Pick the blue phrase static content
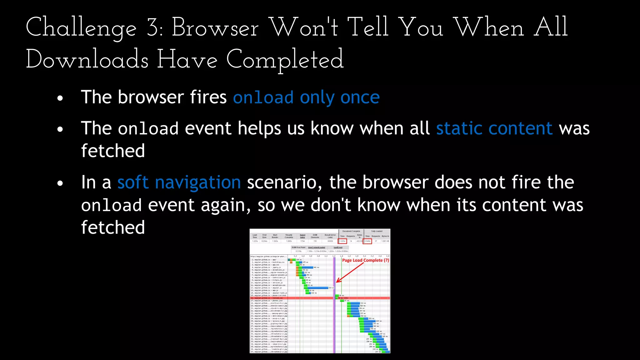(x=494, y=128)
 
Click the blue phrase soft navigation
(x=179, y=182)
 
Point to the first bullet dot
(x=60, y=98)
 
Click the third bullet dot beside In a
(x=60, y=184)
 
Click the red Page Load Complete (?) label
(x=365, y=260)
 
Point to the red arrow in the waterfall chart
(x=350, y=272)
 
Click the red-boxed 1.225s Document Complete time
(x=342, y=241)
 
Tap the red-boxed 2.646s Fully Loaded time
(x=367, y=241)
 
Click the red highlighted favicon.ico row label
(x=269, y=298)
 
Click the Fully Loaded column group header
(x=377, y=231)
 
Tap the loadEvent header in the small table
(x=338, y=247)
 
